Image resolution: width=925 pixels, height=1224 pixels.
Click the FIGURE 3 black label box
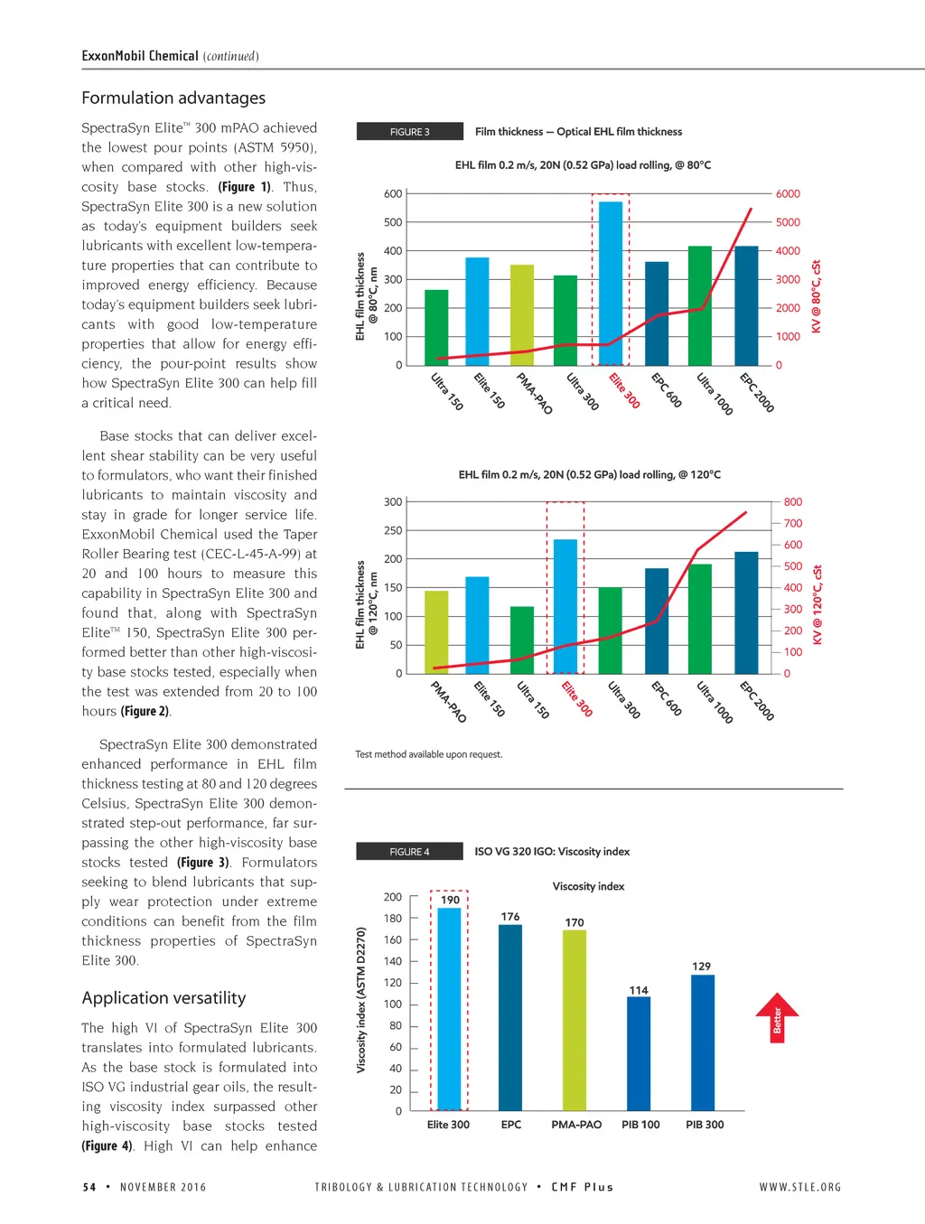tap(410, 132)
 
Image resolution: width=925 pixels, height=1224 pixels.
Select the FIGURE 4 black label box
tap(409, 852)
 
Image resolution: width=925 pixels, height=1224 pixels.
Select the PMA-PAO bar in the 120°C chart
tap(436, 632)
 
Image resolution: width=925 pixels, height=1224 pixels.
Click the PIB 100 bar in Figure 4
tap(639, 1053)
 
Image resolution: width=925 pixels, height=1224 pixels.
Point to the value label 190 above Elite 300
tap(450, 900)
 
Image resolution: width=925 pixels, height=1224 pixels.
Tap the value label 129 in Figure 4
tap(702, 966)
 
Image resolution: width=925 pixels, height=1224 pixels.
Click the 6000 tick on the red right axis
tap(788, 194)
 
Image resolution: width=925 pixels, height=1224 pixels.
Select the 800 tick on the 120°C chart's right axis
tap(793, 502)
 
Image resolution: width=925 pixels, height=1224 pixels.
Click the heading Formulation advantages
tap(173, 98)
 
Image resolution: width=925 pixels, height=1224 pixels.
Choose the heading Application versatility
tap(164, 998)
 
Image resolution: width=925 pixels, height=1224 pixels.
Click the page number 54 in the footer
tap(89, 1187)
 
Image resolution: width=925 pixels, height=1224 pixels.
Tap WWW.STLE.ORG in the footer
tap(799, 1187)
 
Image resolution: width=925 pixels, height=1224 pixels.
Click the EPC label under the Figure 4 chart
tap(511, 1125)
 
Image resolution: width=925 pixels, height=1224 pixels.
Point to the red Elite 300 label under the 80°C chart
tap(623, 390)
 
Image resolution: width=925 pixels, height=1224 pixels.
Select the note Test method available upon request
tap(428, 754)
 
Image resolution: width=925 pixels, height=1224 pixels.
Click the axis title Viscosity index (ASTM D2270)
tap(361, 1000)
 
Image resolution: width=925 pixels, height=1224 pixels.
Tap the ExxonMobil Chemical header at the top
tap(140, 56)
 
